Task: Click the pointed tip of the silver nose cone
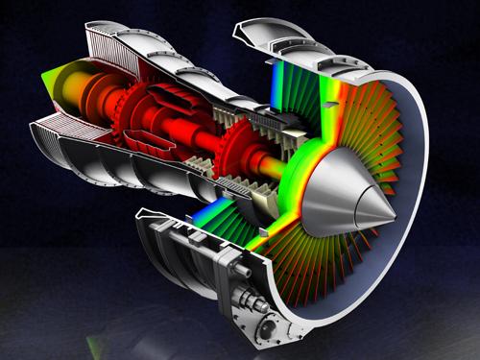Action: click(394, 224)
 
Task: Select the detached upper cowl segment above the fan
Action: click(278, 34)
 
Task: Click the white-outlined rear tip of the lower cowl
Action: click(144, 212)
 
